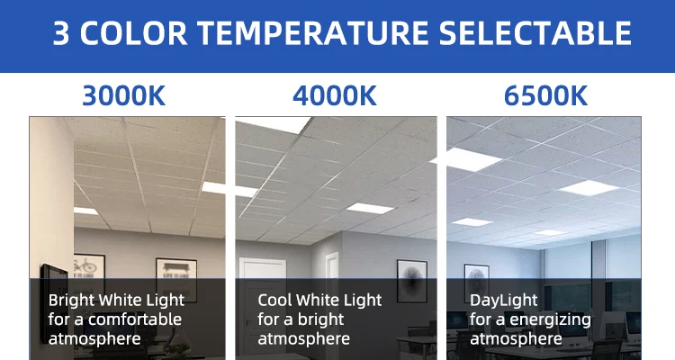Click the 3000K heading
[123, 95]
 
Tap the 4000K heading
[335, 95]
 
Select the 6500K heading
[545, 95]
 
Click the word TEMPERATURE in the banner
[313, 33]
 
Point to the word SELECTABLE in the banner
[535, 33]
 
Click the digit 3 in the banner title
[61, 33]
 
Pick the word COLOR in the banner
[133, 33]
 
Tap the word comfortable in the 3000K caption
[135, 319]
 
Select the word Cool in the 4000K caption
[274, 300]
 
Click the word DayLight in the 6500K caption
[504, 301]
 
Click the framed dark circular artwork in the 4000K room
[412, 281]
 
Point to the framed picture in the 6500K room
[476, 282]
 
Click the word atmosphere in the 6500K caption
[516, 339]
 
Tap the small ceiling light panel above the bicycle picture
[85, 211]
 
